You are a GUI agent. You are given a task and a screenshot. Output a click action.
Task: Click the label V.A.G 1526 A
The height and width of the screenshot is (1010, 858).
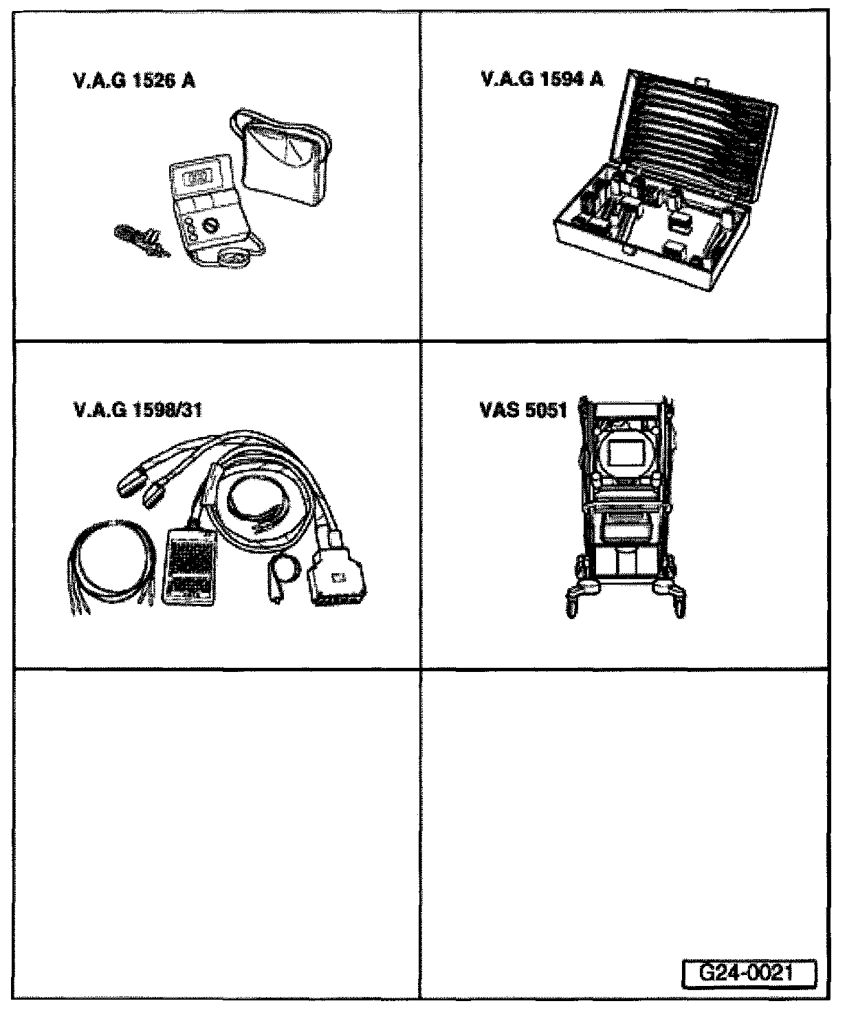133,81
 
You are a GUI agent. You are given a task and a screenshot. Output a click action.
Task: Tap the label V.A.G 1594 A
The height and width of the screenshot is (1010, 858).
542,80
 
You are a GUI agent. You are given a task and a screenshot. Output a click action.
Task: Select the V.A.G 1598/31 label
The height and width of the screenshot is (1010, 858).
137,410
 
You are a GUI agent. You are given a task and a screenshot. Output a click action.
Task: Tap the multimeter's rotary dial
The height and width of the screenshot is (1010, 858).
211,225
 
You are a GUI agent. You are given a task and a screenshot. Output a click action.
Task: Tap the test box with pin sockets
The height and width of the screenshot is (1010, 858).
190,563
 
